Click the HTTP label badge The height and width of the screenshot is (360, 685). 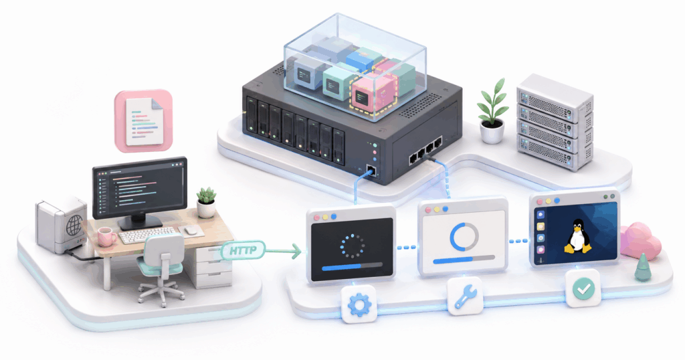click(243, 251)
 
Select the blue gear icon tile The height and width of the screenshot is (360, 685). click(359, 304)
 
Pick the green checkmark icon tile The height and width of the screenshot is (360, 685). click(583, 288)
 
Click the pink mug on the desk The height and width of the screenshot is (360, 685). click(106, 236)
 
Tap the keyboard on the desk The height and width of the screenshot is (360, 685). click(146, 235)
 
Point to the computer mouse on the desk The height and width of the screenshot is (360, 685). click(191, 230)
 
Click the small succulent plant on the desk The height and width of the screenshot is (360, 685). click(206, 202)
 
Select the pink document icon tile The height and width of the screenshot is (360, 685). click(144, 121)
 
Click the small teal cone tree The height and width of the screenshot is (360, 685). click(643, 268)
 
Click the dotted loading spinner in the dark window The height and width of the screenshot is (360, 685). click(352, 246)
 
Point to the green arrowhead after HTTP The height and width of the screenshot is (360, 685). click(297, 251)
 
